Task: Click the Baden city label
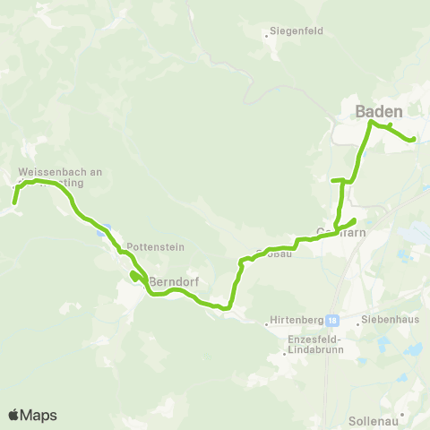[379, 112]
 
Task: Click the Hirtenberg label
[297, 320]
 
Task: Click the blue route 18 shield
[332, 320]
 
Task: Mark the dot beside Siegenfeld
[268, 36]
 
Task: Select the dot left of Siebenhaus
[357, 322]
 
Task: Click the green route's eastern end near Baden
[412, 140]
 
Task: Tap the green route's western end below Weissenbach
[14, 203]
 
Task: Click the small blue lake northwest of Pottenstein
[104, 229]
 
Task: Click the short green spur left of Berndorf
[133, 275]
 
